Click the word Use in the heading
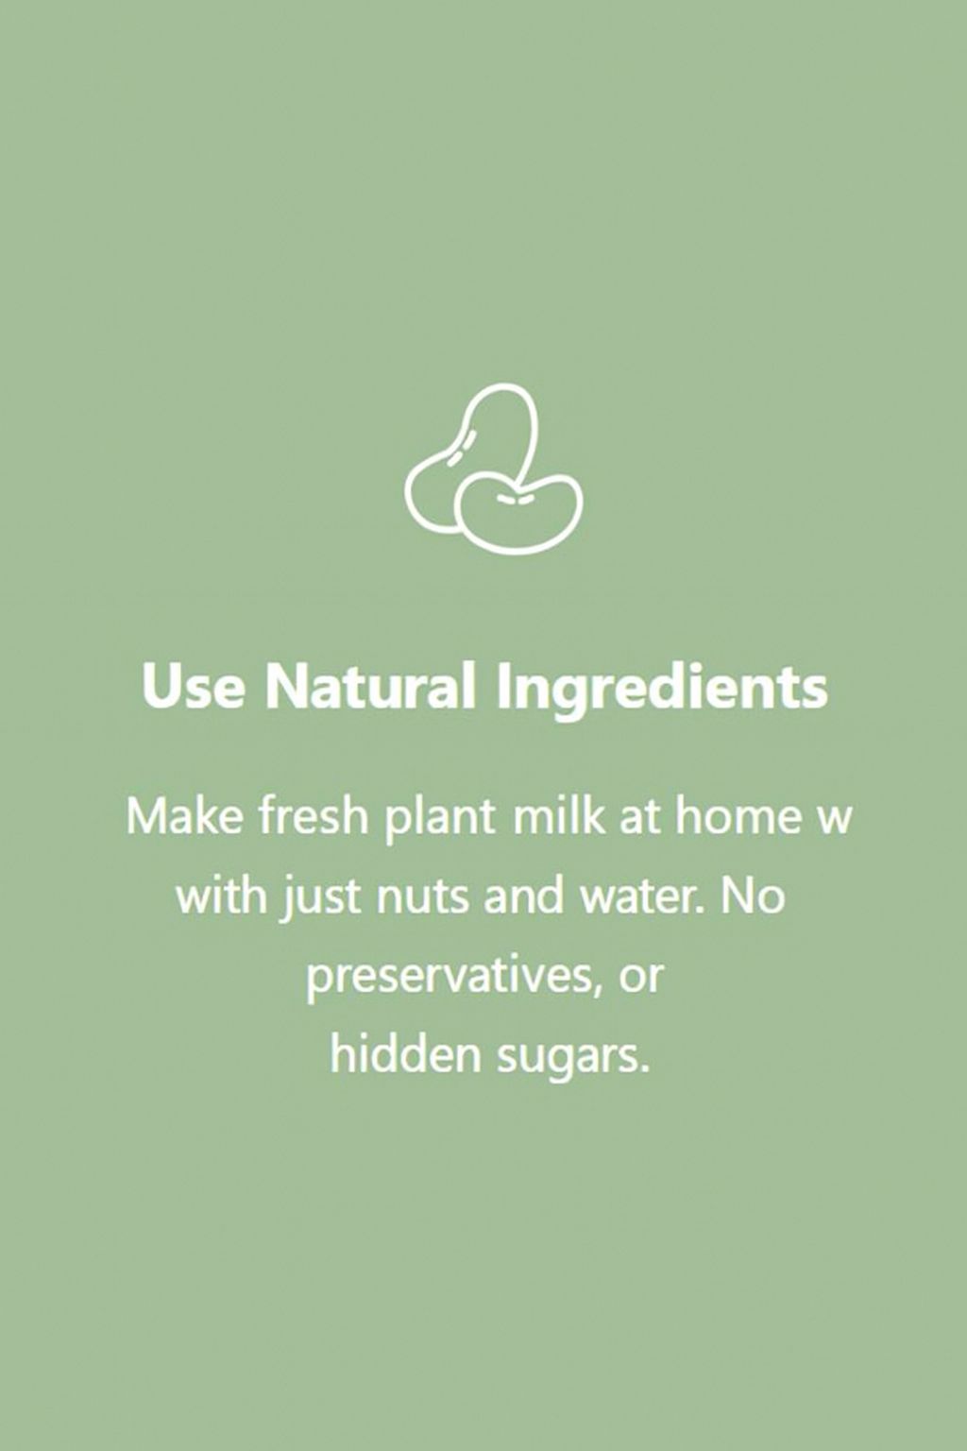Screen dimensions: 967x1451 click(194, 686)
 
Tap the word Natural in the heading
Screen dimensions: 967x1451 click(368, 684)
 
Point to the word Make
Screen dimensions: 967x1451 click(187, 815)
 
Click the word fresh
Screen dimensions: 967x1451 click(314, 815)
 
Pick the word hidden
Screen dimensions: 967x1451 click(408, 1055)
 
